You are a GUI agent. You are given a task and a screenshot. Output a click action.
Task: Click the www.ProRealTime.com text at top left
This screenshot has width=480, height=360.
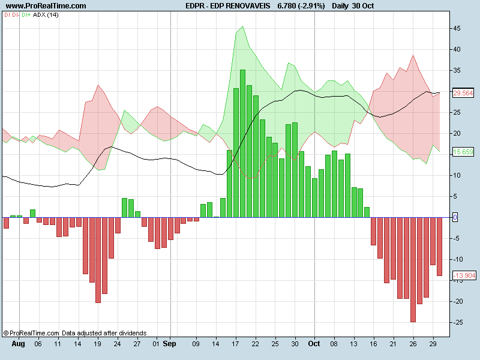[x=46, y=6]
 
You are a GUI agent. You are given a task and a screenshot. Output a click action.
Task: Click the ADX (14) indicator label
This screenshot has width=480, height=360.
[x=46, y=14]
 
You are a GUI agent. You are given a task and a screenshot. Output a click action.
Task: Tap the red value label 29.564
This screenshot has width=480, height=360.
[x=463, y=93]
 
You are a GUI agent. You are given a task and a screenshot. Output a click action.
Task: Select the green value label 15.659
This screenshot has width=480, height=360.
[x=463, y=152]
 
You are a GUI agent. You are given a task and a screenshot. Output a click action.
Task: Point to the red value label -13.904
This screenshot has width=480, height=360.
[x=463, y=275]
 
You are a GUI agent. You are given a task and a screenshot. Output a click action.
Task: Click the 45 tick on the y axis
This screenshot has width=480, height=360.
[x=457, y=28]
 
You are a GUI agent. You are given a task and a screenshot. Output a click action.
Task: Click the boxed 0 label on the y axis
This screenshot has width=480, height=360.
[x=455, y=217]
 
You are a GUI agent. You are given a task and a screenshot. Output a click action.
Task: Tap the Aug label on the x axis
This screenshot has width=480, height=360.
[x=19, y=345]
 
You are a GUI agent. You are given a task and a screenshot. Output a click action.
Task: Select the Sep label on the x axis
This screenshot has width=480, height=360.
[x=170, y=345]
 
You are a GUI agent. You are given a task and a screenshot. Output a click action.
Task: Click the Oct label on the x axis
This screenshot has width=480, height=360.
[x=314, y=345]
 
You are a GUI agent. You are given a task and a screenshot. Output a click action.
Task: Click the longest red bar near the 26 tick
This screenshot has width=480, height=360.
[x=413, y=269]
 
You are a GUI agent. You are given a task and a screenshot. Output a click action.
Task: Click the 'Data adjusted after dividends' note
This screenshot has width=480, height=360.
[x=104, y=332]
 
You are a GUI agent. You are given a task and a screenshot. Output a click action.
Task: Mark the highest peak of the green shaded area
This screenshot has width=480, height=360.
[x=242, y=26]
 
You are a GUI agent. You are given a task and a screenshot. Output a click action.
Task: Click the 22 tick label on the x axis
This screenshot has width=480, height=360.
[x=256, y=345]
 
